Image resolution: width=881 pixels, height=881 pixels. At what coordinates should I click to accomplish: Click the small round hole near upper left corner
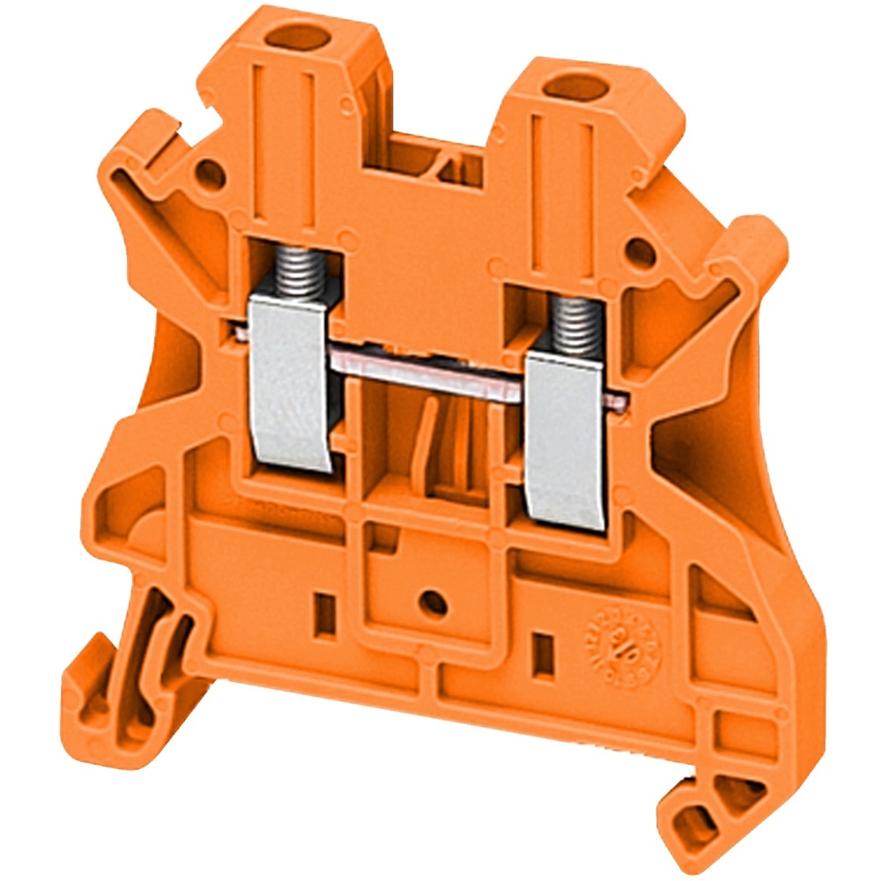pyautogui.click(x=211, y=173)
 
